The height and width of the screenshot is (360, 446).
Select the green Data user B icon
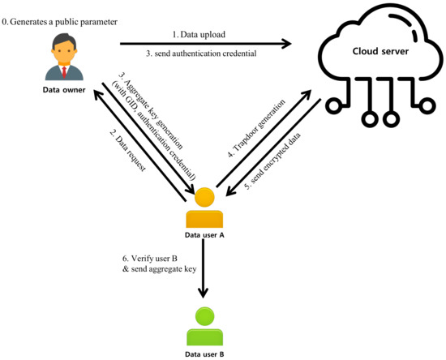pos(204,324)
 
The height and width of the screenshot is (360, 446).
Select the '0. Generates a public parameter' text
pos(71,10)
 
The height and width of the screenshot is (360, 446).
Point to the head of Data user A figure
pos(204,197)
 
